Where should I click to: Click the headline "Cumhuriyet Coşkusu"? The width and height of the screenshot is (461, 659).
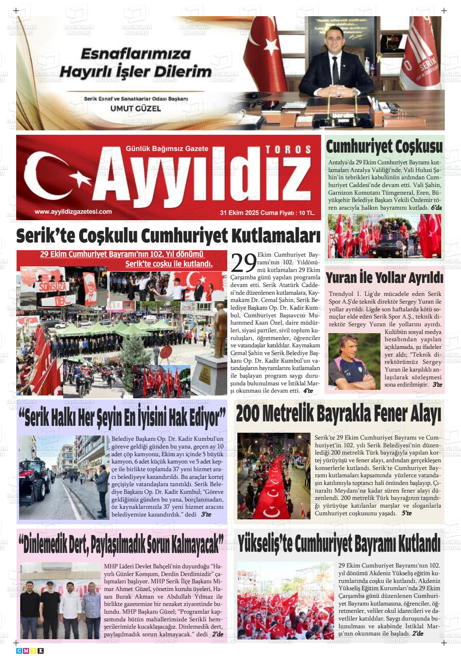pos(384,147)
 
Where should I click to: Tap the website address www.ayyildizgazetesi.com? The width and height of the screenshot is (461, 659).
pos(73,212)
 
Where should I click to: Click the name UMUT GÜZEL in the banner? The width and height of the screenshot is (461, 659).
pos(135,108)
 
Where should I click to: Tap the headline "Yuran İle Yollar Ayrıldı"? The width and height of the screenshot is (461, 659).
pos(384,278)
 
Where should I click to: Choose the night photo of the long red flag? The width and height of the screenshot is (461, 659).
pos(274,476)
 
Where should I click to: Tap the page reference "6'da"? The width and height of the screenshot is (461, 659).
pos(436,208)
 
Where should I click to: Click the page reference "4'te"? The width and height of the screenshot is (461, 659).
pos(308,391)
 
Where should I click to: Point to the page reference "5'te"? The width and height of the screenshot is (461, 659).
pos(406,513)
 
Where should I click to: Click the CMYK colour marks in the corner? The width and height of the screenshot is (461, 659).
pos(30,650)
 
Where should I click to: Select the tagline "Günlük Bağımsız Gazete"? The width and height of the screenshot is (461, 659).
pos(167,149)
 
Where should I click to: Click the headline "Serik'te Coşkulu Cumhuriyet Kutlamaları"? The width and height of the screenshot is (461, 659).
pos(168,236)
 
